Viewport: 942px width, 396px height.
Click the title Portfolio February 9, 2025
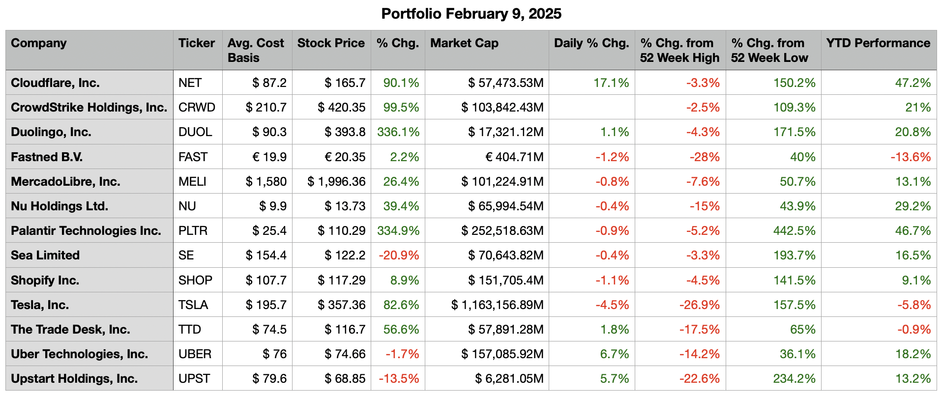click(x=471, y=14)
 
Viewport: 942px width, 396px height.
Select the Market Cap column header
click(x=464, y=43)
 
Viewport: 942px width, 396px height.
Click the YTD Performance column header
click(x=878, y=43)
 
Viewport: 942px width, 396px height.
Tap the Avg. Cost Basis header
click(x=256, y=50)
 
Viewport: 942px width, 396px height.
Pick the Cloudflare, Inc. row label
click(x=55, y=83)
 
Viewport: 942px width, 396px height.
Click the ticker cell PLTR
click(x=193, y=231)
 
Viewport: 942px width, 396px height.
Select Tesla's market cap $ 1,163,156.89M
click(x=497, y=305)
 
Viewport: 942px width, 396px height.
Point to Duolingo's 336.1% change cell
click(x=398, y=132)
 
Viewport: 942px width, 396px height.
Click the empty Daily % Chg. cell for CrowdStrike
click(x=591, y=108)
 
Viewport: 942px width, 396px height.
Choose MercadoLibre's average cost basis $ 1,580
click(x=266, y=182)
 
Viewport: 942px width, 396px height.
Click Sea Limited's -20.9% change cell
click(x=399, y=255)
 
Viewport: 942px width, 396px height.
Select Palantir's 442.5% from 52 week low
click(x=794, y=231)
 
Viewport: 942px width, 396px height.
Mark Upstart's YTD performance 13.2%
click(x=913, y=379)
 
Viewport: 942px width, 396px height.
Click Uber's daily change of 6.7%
click(x=614, y=354)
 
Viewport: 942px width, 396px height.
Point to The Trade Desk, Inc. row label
click(x=70, y=330)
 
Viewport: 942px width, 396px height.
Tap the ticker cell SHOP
click(x=195, y=281)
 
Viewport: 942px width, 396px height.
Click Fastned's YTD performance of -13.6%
click(x=910, y=157)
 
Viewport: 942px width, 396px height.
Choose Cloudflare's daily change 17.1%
click(x=611, y=83)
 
